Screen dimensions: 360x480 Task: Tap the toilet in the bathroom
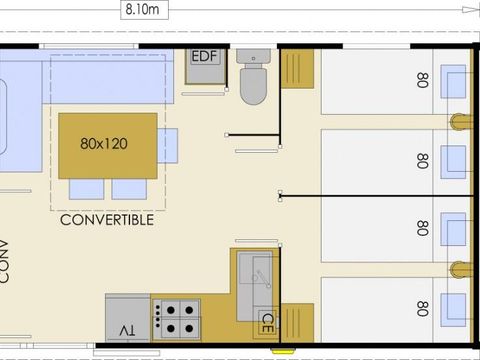click(252, 78)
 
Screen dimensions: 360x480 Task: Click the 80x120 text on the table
click(105, 142)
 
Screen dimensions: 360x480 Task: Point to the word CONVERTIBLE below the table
click(107, 220)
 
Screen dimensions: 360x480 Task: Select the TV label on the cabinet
click(127, 330)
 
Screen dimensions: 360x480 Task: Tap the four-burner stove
click(179, 317)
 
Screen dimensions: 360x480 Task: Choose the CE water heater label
click(267, 323)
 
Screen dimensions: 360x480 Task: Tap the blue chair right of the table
click(168, 146)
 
